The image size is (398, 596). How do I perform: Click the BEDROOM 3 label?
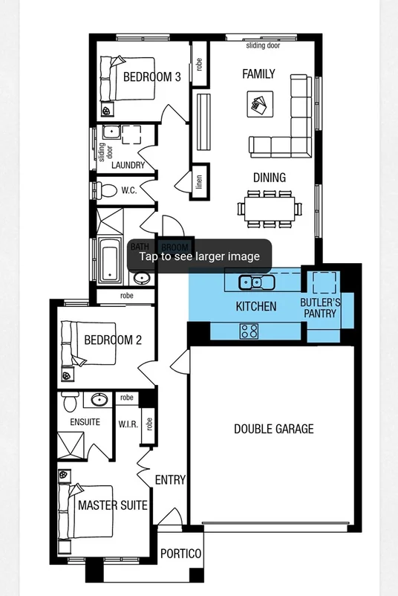(x=152, y=76)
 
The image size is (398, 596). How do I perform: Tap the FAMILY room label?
(x=258, y=74)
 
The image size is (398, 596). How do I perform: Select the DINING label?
(x=269, y=178)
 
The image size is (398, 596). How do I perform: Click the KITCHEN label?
(x=256, y=306)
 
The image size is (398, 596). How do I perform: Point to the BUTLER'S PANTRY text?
(x=320, y=308)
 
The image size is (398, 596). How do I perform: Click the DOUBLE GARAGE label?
(x=274, y=429)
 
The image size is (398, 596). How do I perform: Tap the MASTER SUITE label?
(x=113, y=505)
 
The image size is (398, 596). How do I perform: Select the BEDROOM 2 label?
(x=113, y=340)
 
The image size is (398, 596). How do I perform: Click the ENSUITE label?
(x=85, y=422)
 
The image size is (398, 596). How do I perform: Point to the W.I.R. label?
(x=126, y=425)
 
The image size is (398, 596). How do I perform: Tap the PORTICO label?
(x=180, y=554)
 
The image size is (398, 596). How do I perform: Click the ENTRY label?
(x=170, y=480)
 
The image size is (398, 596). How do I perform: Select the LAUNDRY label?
(x=128, y=165)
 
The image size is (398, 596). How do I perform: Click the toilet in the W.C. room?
(x=102, y=191)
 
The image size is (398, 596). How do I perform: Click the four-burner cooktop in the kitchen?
(x=249, y=331)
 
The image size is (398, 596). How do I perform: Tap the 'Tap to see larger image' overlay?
(x=200, y=256)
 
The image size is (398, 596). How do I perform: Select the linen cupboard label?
(x=200, y=180)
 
